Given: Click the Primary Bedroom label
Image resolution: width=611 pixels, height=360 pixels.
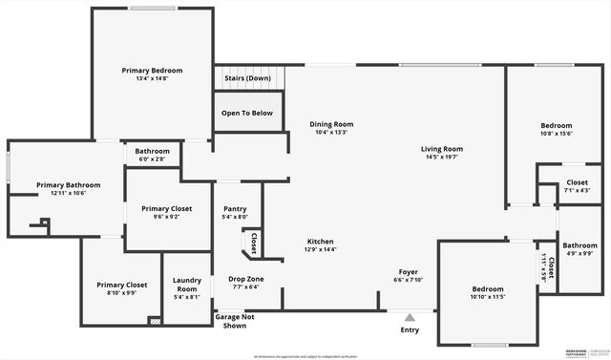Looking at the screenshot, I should coord(152,71).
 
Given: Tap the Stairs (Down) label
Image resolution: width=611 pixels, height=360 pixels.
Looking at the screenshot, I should coord(247,78).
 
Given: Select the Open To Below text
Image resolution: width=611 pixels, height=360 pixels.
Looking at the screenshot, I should coord(247,113).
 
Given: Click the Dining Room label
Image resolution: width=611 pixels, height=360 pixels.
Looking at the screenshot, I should coord(331,124).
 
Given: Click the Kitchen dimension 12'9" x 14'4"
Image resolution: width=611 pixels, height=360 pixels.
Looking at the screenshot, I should coord(320,249).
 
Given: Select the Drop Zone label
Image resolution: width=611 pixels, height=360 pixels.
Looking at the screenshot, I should coord(247,279).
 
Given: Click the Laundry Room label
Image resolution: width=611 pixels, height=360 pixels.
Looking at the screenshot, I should coord(186,285).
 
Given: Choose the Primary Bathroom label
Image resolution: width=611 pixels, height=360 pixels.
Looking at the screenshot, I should coord(62,184).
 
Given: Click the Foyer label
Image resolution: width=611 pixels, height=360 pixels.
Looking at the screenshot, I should coord(408,272).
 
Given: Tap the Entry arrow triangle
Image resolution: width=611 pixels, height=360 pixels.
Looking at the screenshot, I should coord(410,318).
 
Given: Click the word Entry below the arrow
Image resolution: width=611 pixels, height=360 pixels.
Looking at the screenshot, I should coord(410,330).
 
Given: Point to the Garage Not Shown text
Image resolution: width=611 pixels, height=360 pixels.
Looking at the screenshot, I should coord(234,321).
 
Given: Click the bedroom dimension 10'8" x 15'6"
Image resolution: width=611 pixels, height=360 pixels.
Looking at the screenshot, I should coord(557,134).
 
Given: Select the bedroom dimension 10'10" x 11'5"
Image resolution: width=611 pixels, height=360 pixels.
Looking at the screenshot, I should coord(487,297).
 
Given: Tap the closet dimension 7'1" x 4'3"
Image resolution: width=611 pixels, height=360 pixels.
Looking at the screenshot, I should coord(577,190).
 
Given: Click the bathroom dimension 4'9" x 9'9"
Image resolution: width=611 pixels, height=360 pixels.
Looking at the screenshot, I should coord(579,253).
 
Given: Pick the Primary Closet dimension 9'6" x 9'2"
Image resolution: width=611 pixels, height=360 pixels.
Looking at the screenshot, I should coord(167,217).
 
